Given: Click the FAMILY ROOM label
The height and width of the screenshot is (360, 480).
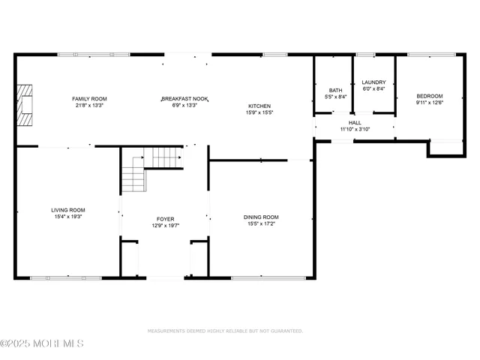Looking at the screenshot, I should pyautogui.click(x=90, y=98).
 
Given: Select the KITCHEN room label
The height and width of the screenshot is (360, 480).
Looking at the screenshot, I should pyautogui.click(x=259, y=106).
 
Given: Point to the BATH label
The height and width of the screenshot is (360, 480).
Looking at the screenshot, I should pyautogui.click(x=334, y=90).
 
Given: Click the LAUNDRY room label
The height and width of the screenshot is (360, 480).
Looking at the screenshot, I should pyautogui.click(x=373, y=82).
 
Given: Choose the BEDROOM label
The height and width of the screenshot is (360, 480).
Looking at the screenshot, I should pyautogui.click(x=430, y=96).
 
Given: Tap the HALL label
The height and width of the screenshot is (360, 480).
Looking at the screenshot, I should pyautogui.click(x=355, y=122).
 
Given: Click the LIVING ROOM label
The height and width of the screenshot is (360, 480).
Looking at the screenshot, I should pyautogui.click(x=68, y=210).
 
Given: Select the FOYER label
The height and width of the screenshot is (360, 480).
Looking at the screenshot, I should pyautogui.click(x=166, y=218).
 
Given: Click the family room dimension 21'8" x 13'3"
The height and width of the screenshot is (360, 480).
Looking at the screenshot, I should pyautogui.click(x=90, y=105).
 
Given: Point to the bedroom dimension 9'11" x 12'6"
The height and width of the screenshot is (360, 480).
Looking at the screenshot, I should pyautogui.click(x=430, y=103).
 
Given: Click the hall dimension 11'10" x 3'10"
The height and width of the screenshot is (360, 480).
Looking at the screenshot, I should pyautogui.click(x=355, y=129).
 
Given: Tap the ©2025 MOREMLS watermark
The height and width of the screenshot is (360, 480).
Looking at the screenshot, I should pyautogui.click(x=42, y=344).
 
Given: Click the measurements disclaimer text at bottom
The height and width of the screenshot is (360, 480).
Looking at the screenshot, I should pyautogui.click(x=225, y=331).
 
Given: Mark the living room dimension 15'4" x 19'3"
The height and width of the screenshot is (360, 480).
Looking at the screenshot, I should pyautogui.click(x=68, y=217).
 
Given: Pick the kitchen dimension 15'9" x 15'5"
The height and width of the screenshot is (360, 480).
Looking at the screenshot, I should pyautogui.click(x=259, y=112).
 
